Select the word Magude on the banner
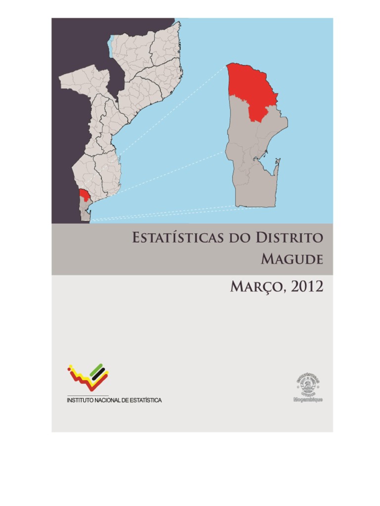pos(292,258)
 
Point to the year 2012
pos(307,286)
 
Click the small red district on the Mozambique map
pos(85,194)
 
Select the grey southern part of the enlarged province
pos(252,168)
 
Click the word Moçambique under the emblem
pos(308,399)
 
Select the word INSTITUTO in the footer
pos(82,400)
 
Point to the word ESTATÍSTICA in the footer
pos(144,400)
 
